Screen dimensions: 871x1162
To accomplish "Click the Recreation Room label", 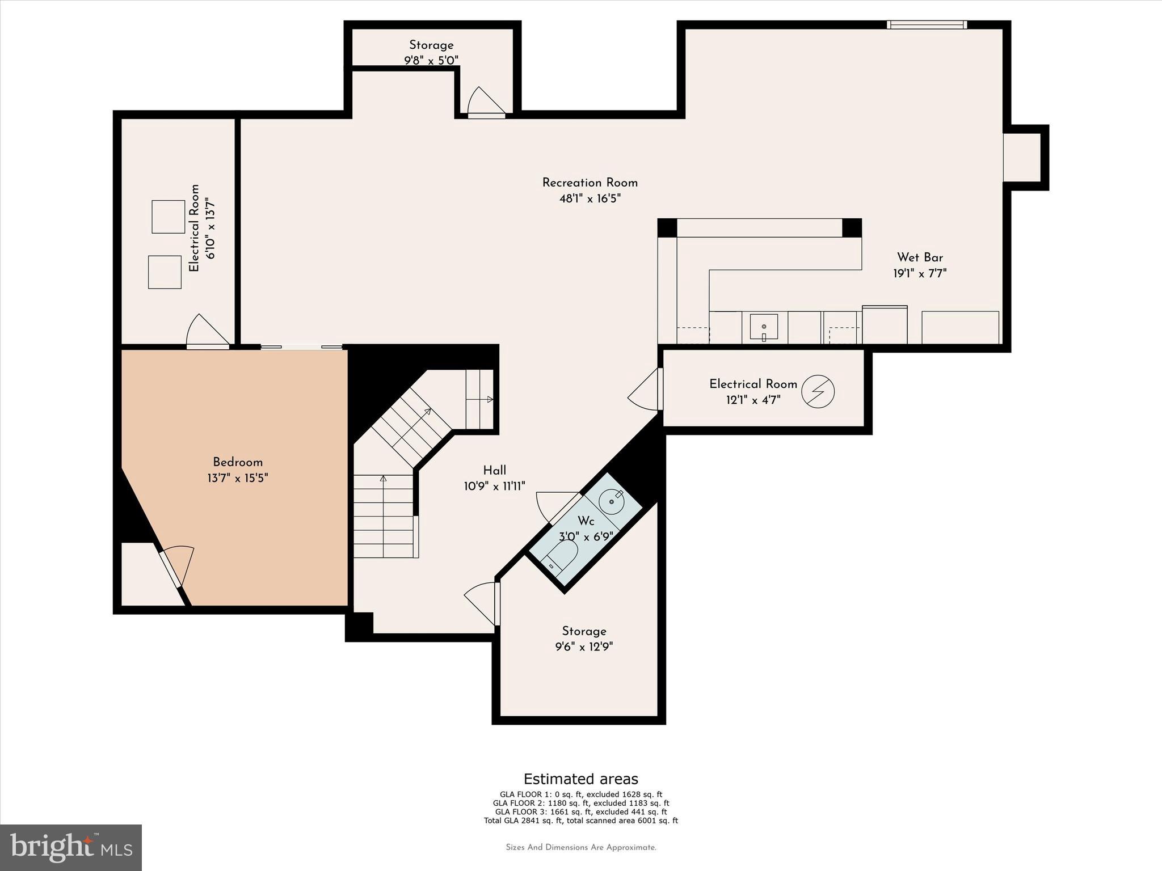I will click(x=590, y=183).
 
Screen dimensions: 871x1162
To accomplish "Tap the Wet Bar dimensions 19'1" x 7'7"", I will click(x=920, y=273).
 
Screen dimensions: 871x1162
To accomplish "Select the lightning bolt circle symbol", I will click(x=818, y=391).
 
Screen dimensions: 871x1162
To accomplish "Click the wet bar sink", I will click(x=764, y=327).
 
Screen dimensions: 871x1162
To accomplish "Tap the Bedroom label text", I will click(x=237, y=462).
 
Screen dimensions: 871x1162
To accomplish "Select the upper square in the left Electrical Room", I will click(x=168, y=217).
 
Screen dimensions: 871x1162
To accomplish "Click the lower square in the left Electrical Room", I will click(x=165, y=272).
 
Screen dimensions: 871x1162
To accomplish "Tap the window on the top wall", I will click(x=927, y=24).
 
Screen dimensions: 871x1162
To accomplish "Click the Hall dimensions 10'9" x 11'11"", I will click(x=494, y=486).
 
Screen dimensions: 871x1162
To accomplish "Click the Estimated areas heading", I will click(x=580, y=779).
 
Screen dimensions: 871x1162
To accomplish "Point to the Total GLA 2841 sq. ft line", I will click(x=580, y=821).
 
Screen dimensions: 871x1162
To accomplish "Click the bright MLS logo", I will click(x=71, y=847).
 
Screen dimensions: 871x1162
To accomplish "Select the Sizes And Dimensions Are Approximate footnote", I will click(x=580, y=847).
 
